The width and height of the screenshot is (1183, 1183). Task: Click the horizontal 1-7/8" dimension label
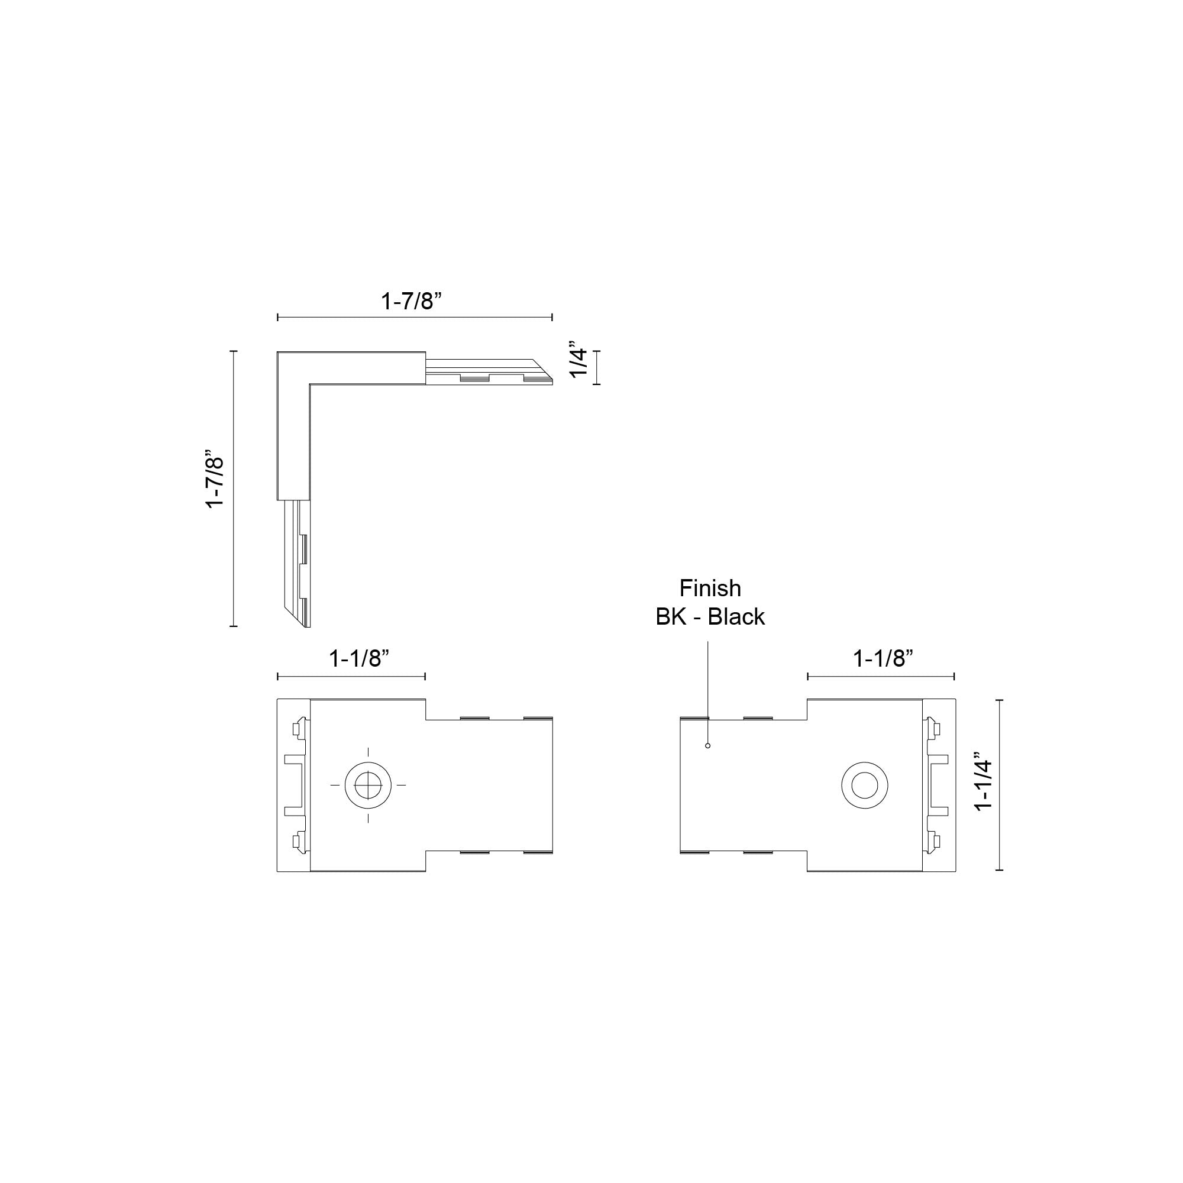(411, 301)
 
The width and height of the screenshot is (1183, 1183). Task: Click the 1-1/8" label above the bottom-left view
(360, 659)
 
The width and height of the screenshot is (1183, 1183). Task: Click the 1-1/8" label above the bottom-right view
(883, 659)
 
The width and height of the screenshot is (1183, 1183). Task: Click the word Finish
(710, 589)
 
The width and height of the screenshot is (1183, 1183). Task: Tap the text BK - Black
(710, 616)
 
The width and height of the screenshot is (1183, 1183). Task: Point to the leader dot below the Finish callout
(708, 745)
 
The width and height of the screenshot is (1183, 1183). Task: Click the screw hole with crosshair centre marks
(368, 784)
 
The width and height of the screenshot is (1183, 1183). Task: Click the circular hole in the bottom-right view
(865, 785)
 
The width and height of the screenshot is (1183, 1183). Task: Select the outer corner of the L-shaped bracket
(279, 354)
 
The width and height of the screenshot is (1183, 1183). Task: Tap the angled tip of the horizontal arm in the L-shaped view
(544, 371)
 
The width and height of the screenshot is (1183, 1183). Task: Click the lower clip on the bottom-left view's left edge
(298, 842)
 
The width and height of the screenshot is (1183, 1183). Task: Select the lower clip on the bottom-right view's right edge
(935, 842)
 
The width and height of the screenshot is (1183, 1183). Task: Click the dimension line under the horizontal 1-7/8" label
(415, 317)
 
